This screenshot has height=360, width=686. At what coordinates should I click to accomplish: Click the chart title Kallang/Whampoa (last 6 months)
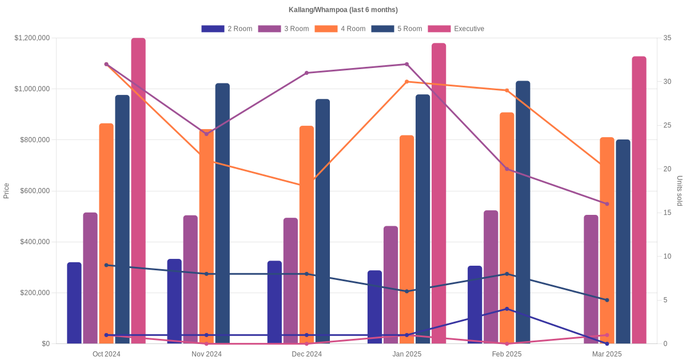point(343,10)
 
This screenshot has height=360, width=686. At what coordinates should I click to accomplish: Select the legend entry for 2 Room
point(226,29)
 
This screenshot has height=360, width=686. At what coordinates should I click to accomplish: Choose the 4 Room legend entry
point(340,29)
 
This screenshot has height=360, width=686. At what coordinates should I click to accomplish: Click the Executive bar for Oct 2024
point(138,191)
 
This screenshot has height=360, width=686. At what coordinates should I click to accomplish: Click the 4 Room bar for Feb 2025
point(507,228)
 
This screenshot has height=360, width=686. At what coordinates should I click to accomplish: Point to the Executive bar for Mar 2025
point(639,200)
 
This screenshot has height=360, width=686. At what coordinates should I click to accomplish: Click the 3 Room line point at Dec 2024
point(306,73)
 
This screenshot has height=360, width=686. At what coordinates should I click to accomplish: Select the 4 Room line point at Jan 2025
point(407,82)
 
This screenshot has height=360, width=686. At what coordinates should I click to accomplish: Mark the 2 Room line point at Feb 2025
point(507,309)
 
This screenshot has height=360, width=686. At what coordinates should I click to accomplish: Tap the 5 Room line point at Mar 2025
point(607,300)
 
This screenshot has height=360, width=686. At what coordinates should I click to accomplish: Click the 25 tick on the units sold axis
point(667,125)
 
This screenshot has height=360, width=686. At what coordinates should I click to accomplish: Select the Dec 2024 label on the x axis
point(306,354)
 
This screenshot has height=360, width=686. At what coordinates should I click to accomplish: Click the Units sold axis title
point(679,191)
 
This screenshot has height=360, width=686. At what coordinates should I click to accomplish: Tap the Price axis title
point(6,191)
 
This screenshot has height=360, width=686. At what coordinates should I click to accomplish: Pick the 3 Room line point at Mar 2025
point(607,204)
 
